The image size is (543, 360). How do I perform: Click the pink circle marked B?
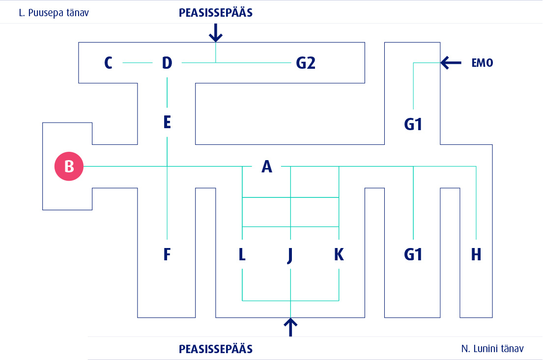click(69, 166)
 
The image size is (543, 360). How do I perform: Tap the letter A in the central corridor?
click(266, 167)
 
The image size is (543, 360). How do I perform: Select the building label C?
click(109, 63)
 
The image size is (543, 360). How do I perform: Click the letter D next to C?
click(167, 63)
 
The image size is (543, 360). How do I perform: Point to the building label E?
click(167, 122)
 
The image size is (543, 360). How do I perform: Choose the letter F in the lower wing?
click(167, 254)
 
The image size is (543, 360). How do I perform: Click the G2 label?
click(305, 63)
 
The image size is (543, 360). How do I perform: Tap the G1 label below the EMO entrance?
click(413, 125)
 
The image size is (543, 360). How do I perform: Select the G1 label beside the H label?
click(413, 254)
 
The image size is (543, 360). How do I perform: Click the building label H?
click(476, 254)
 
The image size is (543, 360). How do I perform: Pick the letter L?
click(242, 254)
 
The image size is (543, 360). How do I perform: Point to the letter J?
click(290, 255)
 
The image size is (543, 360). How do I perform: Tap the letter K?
click(339, 254)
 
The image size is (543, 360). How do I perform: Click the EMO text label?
click(482, 63)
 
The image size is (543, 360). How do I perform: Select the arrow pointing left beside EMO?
click(451, 62)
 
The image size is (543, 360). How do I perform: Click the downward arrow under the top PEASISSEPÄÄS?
click(216, 33)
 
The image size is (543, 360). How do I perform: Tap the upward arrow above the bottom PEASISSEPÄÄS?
click(291, 327)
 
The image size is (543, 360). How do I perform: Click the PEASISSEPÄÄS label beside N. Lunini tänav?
click(216, 349)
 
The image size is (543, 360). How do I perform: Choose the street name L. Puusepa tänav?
click(54, 13)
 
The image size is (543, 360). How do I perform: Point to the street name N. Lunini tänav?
click(492, 349)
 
